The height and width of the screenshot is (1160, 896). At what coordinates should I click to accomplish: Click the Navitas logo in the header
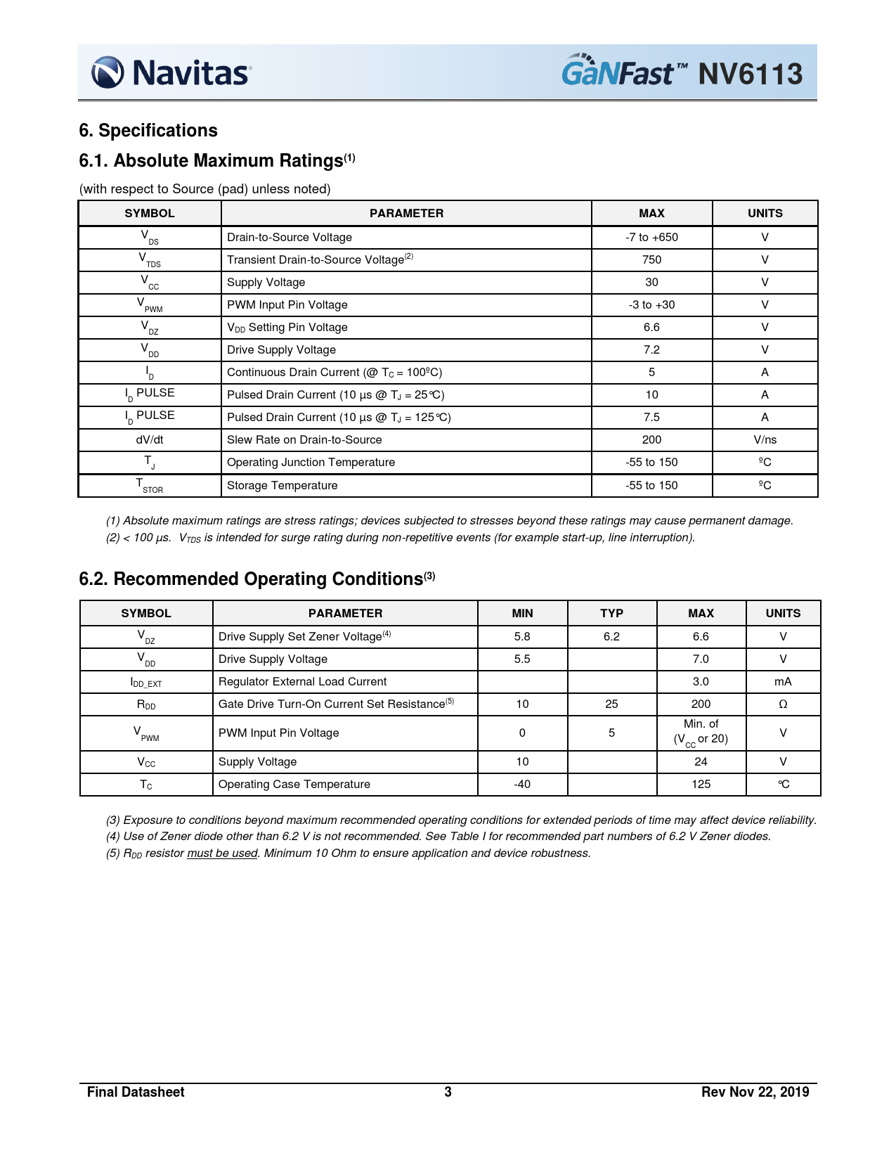pyautogui.click(x=171, y=72)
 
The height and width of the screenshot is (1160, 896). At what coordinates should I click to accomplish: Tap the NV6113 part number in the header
pyautogui.click(x=750, y=74)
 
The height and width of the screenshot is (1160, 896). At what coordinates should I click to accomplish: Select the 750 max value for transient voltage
pyautogui.click(x=651, y=259)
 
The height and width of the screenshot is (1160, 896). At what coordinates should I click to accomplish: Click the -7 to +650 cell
pyautogui.click(x=651, y=237)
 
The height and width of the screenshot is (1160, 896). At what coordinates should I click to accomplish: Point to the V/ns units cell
pyautogui.click(x=765, y=439)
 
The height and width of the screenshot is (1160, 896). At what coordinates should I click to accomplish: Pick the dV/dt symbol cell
pyautogui.click(x=150, y=439)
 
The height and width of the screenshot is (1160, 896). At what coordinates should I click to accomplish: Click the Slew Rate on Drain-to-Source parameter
pyautogui.click(x=304, y=439)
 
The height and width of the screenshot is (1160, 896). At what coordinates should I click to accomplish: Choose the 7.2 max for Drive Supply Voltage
pyautogui.click(x=651, y=349)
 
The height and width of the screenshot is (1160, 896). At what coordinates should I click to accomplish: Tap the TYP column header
pyautogui.click(x=611, y=613)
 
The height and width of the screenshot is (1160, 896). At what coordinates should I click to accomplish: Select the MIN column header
pyautogui.click(x=522, y=613)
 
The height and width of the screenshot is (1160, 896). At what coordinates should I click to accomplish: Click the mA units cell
pyautogui.click(x=783, y=681)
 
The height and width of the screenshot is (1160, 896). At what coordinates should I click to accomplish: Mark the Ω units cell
pyautogui.click(x=783, y=704)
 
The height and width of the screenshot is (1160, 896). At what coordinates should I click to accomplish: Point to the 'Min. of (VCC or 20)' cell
pyautogui.click(x=701, y=732)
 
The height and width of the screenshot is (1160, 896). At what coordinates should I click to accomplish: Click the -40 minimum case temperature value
pyautogui.click(x=522, y=784)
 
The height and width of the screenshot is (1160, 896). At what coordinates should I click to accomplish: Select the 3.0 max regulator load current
pyautogui.click(x=701, y=681)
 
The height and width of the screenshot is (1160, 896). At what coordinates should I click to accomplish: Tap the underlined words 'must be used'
pyautogui.click(x=222, y=853)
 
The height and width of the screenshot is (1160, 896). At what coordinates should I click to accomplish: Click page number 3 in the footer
pyautogui.click(x=448, y=1092)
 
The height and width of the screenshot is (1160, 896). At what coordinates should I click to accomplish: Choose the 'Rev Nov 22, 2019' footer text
pyautogui.click(x=755, y=1092)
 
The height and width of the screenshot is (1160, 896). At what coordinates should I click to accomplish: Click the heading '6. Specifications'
pyautogui.click(x=148, y=131)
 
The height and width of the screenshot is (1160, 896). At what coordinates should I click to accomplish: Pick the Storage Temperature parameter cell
pyautogui.click(x=282, y=485)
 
